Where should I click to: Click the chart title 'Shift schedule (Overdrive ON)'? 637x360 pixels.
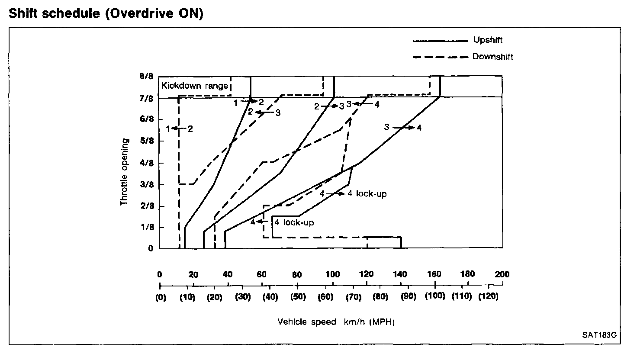pos(106,13)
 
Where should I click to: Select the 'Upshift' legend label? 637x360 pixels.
pos(488,40)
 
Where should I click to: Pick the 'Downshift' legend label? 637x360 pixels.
pos(492,57)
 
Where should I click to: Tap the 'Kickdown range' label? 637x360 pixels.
pos(194,86)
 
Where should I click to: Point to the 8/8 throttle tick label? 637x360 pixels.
pos(147,77)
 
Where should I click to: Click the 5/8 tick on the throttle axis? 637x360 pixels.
pos(147,141)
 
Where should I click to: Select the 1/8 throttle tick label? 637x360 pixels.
pos(147,228)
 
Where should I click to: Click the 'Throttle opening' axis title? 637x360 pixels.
pos(125,172)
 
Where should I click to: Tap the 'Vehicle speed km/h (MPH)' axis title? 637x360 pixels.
pos(336,322)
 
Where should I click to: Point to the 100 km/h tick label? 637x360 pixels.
pos(332,274)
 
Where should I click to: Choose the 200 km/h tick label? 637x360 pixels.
pos(502,274)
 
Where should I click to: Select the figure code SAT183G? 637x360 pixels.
pos(599,335)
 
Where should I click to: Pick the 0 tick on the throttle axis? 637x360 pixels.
pos(151,248)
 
